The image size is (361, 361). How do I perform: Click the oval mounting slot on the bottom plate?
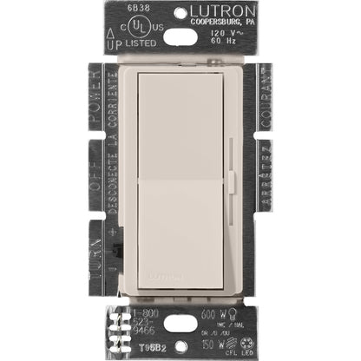180,323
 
